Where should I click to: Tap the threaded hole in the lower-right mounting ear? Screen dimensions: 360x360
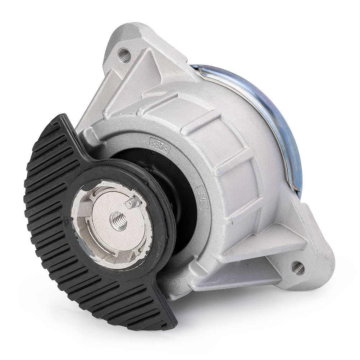297,266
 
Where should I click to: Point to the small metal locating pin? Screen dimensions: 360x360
129,202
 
